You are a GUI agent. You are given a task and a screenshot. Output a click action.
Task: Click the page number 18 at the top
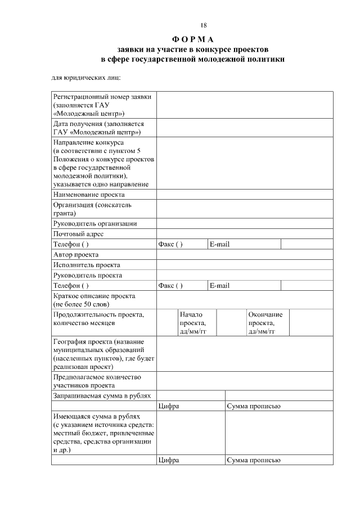(x=204, y=25)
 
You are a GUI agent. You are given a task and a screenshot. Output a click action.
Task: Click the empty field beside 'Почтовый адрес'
(x=244, y=234)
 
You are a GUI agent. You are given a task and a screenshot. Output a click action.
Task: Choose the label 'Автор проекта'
(x=75, y=254)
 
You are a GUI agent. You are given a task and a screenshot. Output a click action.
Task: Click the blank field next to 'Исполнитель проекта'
(x=244, y=265)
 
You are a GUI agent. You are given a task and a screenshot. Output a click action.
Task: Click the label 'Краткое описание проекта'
(x=94, y=296)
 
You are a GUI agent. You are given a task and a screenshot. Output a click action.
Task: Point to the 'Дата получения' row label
(x=98, y=128)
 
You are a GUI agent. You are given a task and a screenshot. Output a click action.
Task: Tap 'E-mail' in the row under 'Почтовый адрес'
(x=219, y=244)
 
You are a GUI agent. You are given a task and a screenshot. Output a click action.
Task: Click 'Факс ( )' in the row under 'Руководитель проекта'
(x=170, y=286)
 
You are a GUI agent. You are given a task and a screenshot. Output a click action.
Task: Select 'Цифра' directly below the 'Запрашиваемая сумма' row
(x=169, y=407)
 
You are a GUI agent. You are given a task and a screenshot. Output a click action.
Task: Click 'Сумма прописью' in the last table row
(x=253, y=461)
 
